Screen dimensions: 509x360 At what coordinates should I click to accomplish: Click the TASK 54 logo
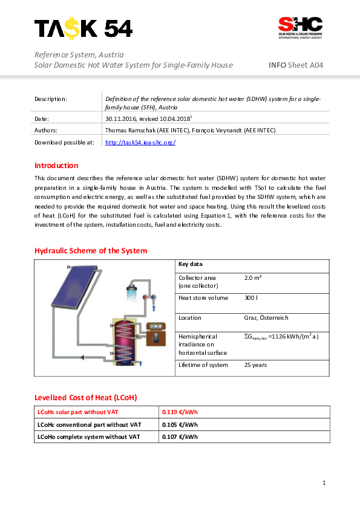tap(83, 28)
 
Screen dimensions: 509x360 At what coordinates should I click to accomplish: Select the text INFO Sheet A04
tap(295, 65)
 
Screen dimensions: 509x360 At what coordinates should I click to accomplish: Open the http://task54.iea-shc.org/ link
tap(140, 143)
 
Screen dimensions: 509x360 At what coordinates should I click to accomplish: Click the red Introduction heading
tap(56, 166)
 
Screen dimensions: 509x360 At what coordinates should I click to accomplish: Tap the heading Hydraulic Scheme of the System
tap(90, 251)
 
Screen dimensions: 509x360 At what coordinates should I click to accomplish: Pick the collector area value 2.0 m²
tap(253, 278)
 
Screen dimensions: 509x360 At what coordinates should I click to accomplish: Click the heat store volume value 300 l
tap(251, 298)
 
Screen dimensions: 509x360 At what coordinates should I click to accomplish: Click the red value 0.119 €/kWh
tap(180, 412)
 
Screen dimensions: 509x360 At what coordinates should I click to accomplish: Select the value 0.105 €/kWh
tap(180, 424)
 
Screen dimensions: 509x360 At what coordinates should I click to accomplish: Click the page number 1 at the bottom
tap(324, 482)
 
